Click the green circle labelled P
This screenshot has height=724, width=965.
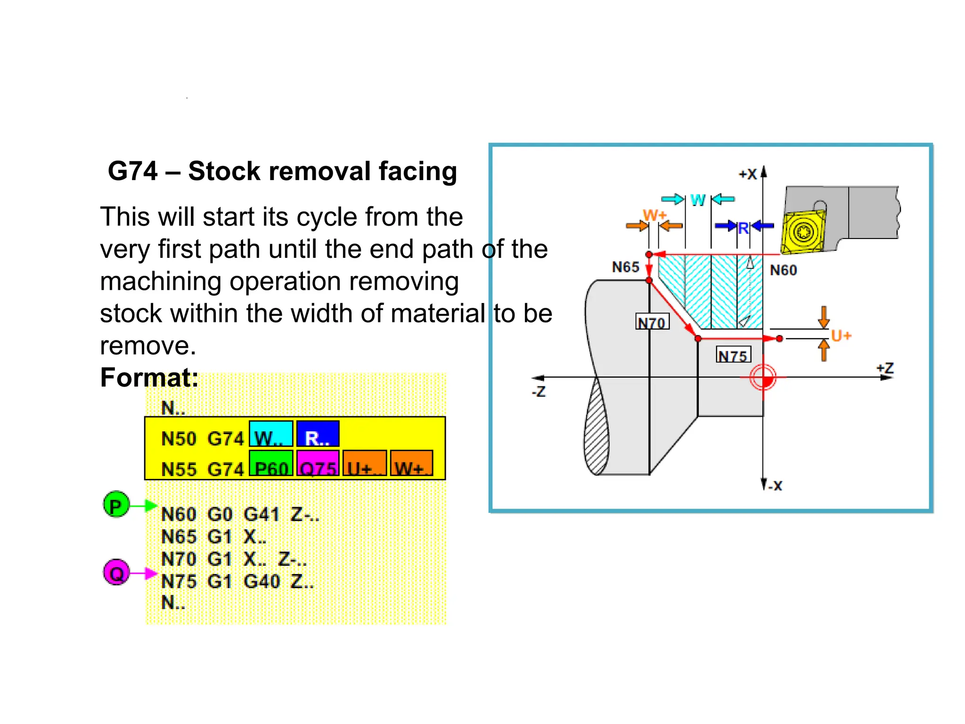pos(116,505)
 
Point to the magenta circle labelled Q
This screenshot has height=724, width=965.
pos(116,572)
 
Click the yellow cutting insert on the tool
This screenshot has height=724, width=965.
pos(802,232)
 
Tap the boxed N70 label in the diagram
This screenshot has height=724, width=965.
pos(652,322)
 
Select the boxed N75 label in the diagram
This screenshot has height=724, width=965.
pos(733,355)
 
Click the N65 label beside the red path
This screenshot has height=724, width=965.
pos(625,267)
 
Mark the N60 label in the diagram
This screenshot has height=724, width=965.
pos(783,270)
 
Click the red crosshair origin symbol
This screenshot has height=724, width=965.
pos(763,378)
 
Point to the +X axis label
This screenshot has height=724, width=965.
pos(748,174)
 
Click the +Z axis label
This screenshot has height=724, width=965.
pos(885,368)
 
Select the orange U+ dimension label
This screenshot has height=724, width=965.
pos(841,336)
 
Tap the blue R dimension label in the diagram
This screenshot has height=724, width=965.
pos(743,229)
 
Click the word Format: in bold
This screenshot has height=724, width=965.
pos(149,378)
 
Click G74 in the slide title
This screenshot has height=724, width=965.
pos(132,171)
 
